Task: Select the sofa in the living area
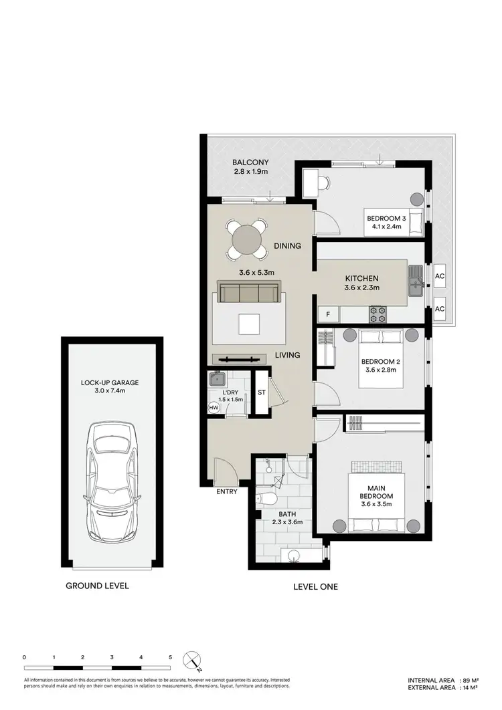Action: [x=249, y=293]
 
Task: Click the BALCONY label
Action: [x=250, y=162]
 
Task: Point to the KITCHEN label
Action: [x=361, y=278]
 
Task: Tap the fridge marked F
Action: [x=328, y=314]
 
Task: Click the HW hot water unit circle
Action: [x=214, y=407]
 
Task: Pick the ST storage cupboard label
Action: [x=262, y=392]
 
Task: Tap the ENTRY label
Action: [x=227, y=492]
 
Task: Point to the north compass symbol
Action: [x=193, y=661]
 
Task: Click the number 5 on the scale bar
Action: [x=170, y=658]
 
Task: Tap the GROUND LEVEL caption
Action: [x=96, y=586]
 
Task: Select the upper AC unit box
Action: [x=440, y=275]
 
